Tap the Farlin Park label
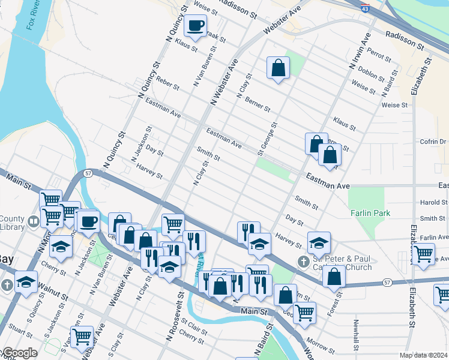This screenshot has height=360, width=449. coord(371,213)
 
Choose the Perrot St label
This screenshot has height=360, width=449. coord(379,55)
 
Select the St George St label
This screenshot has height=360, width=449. coord(267,139)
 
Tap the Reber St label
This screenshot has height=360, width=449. coord(167,83)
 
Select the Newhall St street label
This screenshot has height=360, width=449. coord(357,336)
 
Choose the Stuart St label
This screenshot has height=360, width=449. coord(20,329)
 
